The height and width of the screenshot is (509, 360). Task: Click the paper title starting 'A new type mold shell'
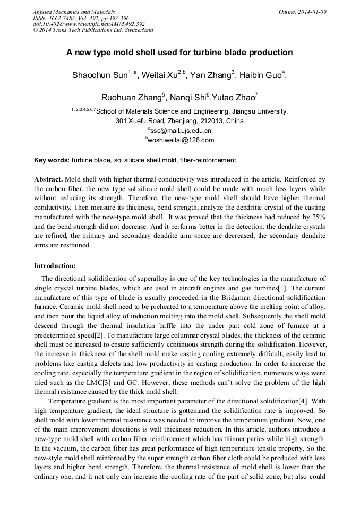coord(179,53)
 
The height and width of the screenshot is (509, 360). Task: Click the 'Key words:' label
coord(52,160)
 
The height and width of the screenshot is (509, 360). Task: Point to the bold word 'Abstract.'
coord(49,179)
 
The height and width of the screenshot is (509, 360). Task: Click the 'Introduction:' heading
coord(55,265)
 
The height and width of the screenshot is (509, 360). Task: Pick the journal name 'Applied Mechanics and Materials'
coord(74,12)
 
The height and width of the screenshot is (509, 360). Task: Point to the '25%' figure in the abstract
coord(317,218)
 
